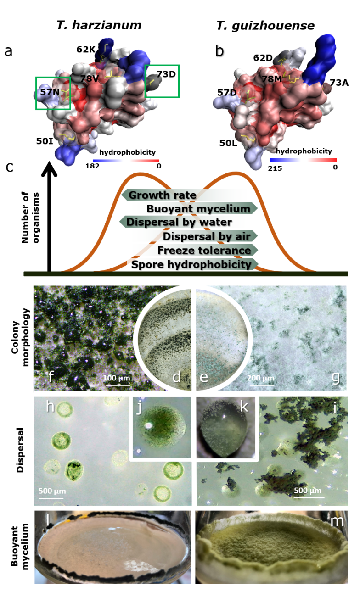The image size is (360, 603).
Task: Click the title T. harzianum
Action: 99,26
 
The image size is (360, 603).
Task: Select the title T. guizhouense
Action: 265,26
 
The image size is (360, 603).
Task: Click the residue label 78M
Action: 271,79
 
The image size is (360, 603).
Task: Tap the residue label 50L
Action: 229,143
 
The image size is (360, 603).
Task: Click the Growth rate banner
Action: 162,195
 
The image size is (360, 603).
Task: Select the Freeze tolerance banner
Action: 204,251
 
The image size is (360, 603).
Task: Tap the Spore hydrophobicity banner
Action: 191,264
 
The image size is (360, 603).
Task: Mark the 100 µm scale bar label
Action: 117,378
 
